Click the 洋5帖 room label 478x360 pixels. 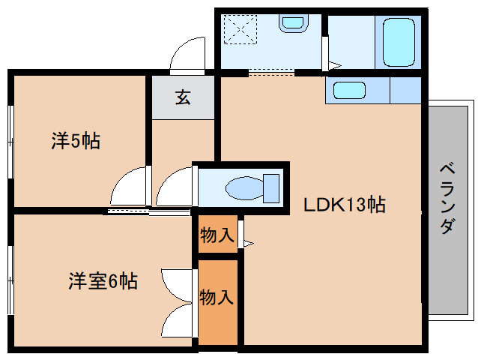point(76,140)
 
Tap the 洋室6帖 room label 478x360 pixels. point(103,282)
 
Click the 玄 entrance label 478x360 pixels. point(182,97)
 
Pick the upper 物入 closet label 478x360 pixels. point(217,235)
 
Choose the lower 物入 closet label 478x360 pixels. point(217,297)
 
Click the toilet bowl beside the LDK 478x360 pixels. point(247,185)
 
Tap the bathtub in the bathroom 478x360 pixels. point(399,43)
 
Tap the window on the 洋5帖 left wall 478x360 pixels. point(10,140)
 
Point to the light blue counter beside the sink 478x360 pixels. point(405,90)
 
